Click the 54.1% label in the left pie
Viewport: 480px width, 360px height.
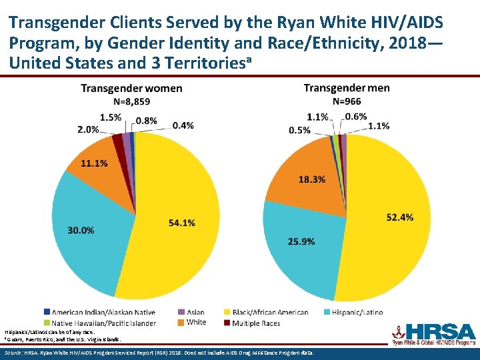click(x=181, y=223)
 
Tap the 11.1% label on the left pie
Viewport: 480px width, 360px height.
click(x=95, y=163)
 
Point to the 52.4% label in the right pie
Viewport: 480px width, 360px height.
click(x=399, y=217)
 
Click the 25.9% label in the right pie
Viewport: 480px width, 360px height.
click(x=301, y=241)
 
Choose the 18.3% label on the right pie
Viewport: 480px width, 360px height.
click(x=312, y=179)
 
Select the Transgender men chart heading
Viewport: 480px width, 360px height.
click(x=346, y=89)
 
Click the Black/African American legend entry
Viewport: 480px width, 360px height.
click(x=269, y=312)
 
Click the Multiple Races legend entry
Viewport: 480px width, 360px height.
click(x=231, y=323)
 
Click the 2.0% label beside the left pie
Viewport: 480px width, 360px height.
click(x=88, y=129)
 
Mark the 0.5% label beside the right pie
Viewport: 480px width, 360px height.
click(x=299, y=130)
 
